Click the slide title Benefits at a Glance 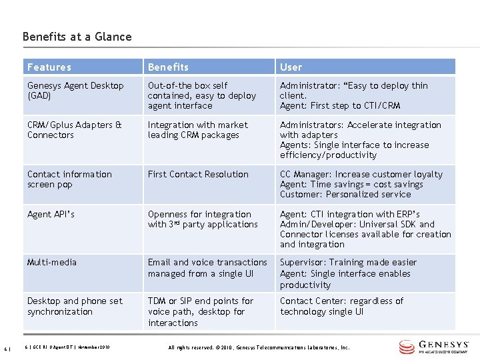(77, 37)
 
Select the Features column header (49, 67)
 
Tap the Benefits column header (168, 67)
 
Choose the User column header (291, 67)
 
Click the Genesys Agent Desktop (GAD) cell (75, 91)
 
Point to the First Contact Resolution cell (198, 175)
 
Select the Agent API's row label (51, 215)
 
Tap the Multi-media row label (52, 263)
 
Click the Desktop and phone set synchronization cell (75, 306)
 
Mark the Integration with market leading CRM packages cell (197, 130)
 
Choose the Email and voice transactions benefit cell (207, 268)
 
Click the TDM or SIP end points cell (200, 311)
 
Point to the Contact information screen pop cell (69, 179)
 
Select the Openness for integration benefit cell (202, 219)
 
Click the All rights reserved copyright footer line (259, 347)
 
